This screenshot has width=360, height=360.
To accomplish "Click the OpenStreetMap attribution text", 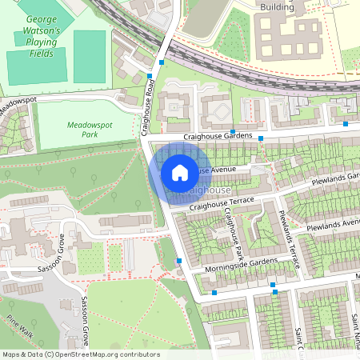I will point(80,354).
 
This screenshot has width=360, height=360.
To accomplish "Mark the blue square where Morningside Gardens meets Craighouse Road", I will point(178,261).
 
